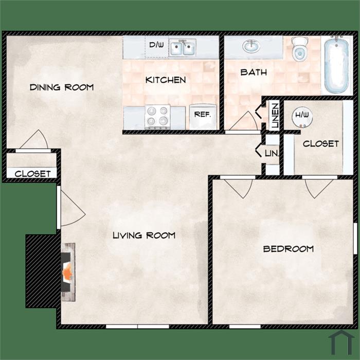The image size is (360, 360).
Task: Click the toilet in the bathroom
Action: coord(300,49)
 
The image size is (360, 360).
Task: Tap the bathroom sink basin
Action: coord(251,46)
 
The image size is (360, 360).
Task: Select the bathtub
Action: coord(336,64)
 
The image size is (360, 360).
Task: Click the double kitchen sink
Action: coord(183,47)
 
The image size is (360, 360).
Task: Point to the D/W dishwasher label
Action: coord(156,45)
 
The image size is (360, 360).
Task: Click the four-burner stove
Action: coord(157,117)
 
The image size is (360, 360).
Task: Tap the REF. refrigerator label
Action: coord(203,114)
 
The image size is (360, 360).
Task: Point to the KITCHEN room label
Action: coord(166,80)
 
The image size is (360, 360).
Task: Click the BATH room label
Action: coord(254,73)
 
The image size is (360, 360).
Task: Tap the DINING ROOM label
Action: coord(62,87)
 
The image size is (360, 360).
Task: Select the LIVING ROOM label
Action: coord(144,236)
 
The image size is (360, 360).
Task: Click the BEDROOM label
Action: coord(289,249)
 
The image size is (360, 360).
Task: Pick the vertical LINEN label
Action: coord(275,116)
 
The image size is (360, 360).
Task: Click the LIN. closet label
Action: coord(272,153)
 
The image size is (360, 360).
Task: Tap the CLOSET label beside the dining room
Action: coord(32,174)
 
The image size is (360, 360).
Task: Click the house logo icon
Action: coord(341,343)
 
